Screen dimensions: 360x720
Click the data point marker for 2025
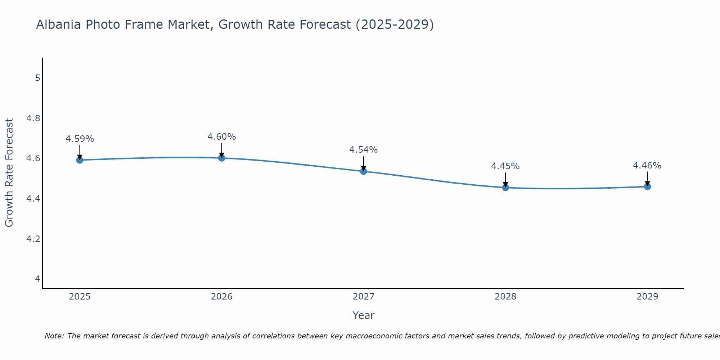click(80, 160)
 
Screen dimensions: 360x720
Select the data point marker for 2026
click(221, 158)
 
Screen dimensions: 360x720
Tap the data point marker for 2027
click(364, 171)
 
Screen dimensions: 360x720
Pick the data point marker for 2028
click(505, 187)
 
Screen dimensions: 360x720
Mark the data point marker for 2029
click(647, 186)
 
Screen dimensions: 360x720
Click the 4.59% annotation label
click(80, 139)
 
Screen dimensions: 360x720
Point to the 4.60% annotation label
click(221, 137)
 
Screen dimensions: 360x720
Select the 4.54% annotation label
click(364, 150)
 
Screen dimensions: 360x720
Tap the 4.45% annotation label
click(505, 166)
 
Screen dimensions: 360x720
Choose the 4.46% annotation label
click(647, 166)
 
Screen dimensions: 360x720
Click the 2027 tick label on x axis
click(364, 297)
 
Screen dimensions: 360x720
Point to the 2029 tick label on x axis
click(647, 297)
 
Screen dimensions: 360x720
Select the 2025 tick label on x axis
click(80, 297)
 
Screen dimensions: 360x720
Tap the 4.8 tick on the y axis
click(33, 118)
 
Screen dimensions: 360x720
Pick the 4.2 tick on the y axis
click(33, 239)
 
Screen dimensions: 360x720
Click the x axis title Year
click(364, 315)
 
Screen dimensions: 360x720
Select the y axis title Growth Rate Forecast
click(9, 173)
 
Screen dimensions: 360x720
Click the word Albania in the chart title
click(58, 24)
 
